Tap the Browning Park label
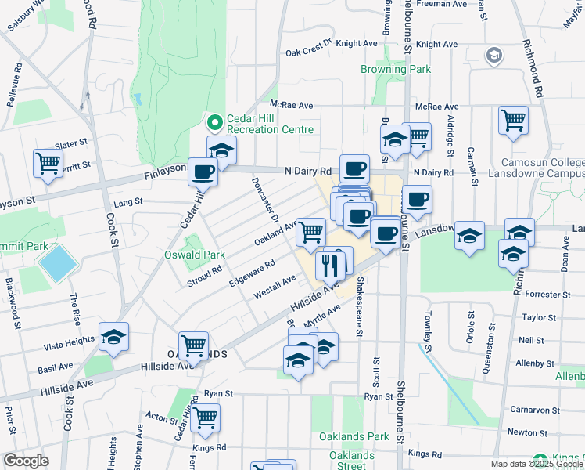(396, 70)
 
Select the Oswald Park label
(195, 255)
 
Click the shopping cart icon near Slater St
(48, 163)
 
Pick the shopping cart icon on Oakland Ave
(311, 231)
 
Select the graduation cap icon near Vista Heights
(114, 338)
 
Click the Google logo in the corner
(26, 461)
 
